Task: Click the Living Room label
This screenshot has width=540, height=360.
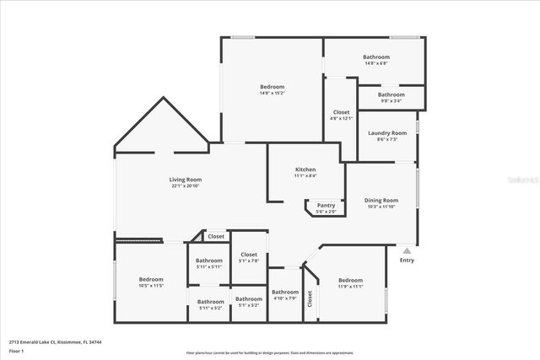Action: click(x=185, y=179)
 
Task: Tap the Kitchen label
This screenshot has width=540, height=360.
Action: click(x=305, y=169)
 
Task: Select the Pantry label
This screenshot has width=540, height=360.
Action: click(x=326, y=205)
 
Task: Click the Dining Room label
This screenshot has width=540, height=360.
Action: click(x=381, y=200)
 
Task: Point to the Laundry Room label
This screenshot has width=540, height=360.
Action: click(x=387, y=132)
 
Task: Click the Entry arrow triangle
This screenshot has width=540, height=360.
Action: click(x=408, y=250)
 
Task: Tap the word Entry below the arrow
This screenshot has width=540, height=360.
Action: click(x=408, y=260)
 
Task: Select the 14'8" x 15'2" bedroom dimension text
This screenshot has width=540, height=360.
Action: click(x=272, y=94)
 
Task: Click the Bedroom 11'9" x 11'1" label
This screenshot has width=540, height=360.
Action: click(x=350, y=282)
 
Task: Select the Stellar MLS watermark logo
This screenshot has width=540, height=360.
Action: click(x=524, y=180)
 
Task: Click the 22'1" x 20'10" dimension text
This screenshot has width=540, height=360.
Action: click(x=185, y=185)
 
